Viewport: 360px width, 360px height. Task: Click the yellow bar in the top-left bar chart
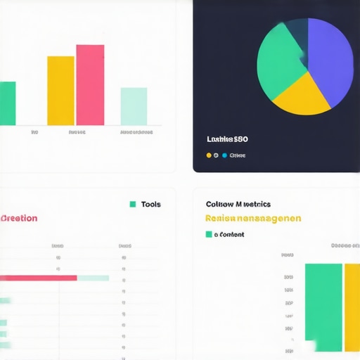(x=60, y=90)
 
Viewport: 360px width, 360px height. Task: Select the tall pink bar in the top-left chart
(x=90, y=84)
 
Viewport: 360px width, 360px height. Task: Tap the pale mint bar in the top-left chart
(x=134, y=106)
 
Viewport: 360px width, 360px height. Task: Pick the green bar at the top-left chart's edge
(x=7, y=103)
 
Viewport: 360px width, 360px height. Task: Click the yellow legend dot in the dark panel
(x=209, y=155)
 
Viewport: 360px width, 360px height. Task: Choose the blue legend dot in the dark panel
(x=224, y=155)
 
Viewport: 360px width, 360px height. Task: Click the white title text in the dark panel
(x=227, y=139)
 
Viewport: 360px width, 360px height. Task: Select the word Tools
(x=150, y=205)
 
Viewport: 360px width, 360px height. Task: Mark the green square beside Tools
(x=132, y=205)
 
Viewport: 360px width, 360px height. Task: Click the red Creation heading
(x=19, y=218)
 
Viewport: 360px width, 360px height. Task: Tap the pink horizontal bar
(x=39, y=278)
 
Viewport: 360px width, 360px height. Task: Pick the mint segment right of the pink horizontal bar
(x=93, y=278)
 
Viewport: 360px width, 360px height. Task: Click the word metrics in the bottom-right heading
(x=255, y=205)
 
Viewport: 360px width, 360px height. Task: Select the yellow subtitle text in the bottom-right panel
(x=253, y=219)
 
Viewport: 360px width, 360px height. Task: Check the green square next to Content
(x=208, y=234)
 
